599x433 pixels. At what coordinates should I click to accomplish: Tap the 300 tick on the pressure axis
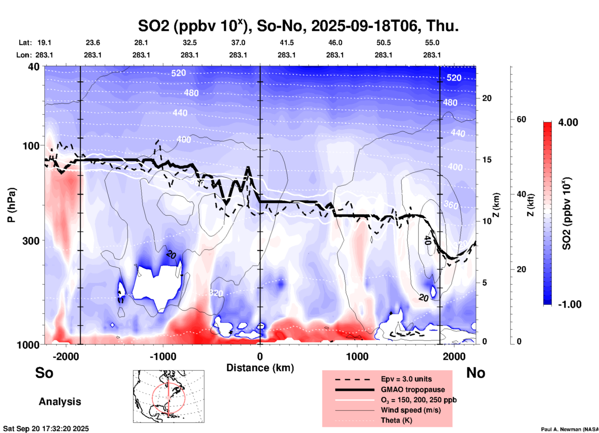point(31,241)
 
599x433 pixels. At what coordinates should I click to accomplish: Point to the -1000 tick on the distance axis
point(163,357)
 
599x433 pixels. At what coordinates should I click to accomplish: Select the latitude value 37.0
point(238,43)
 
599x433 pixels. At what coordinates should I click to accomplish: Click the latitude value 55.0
point(432,43)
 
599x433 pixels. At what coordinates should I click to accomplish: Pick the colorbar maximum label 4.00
point(568,122)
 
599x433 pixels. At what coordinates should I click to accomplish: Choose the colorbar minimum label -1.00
point(569,304)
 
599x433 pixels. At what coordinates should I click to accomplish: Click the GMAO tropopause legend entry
point(413,390)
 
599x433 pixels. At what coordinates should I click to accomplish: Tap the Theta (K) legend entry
point(396,420)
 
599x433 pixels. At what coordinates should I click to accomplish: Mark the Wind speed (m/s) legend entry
point(411,410)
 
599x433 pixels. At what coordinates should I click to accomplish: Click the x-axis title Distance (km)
point(260,368)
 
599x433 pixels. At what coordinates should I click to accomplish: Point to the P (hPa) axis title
point(12,205)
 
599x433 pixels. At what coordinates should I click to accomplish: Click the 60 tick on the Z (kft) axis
point(521,119)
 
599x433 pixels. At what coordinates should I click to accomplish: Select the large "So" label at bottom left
point(44,373)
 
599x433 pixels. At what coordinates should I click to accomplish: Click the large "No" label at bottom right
point(476,373)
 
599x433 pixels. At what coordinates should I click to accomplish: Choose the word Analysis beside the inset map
point(60,402)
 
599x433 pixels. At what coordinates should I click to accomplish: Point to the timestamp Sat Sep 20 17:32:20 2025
point(46,429)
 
